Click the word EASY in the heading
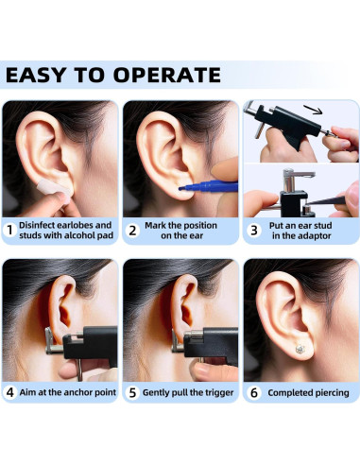coord(36,75)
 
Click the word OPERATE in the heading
coord(167,75)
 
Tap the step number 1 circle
coord(9,230)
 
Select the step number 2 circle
coord(132,231)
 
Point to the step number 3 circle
coord(254,231)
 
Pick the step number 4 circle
coord(9,392)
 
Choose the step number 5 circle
coord(132,392)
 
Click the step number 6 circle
coord(254,392)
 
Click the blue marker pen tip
coord(180,188)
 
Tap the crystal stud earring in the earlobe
coord(300,349)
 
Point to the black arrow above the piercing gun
coord(313,111)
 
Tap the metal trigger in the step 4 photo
coord(79,370)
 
